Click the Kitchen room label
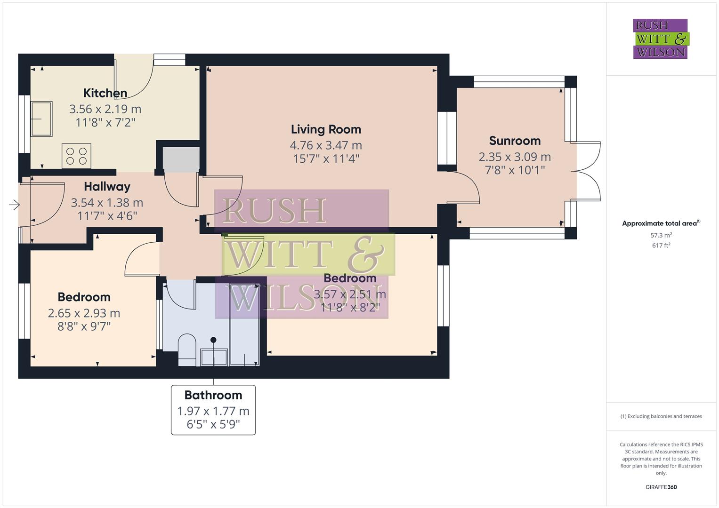click(105, 93)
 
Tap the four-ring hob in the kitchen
click(76, 156)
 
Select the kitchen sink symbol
click(41, 119)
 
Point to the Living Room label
click(326, 129)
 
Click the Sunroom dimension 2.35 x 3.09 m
click(515, 157)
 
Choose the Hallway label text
click(107, 187)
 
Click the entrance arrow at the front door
click(14, 205)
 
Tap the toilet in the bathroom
click(187, 349)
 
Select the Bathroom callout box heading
click(213, 395)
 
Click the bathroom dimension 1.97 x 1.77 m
click(213, 411)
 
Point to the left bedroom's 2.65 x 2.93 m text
click(84, 313)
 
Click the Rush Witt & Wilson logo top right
click(661, 39)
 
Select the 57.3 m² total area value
click(661, 235)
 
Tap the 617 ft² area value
click(661, 246)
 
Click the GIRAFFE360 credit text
click(661, 487)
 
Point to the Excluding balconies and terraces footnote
click(661, 416)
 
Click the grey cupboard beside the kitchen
click(181, 159)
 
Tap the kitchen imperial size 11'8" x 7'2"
click(105, 123)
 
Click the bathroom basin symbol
click(214, 357)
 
